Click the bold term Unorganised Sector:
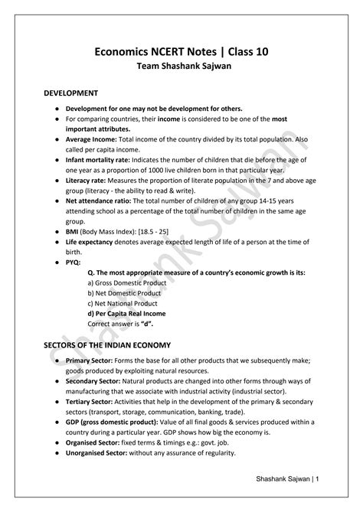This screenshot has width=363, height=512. tap(100, 452)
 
